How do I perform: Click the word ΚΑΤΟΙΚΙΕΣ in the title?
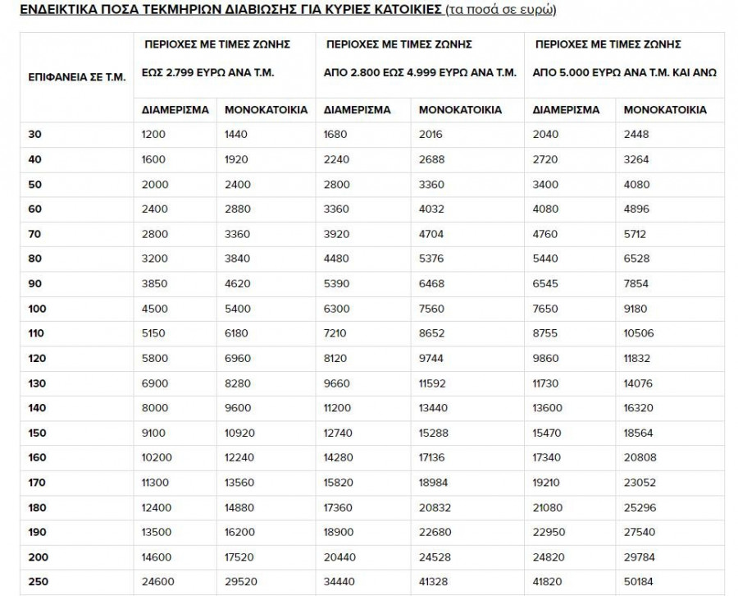401,11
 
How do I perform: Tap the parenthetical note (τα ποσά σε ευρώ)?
501,11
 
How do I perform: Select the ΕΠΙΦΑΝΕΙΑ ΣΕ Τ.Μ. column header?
77,77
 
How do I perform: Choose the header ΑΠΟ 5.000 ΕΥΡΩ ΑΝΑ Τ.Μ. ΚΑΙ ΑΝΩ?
625,72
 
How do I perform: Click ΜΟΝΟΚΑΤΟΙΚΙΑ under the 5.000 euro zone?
665,109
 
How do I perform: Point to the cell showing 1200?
153,134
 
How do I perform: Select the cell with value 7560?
431,309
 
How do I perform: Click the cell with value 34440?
341,582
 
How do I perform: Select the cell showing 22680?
435,532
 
